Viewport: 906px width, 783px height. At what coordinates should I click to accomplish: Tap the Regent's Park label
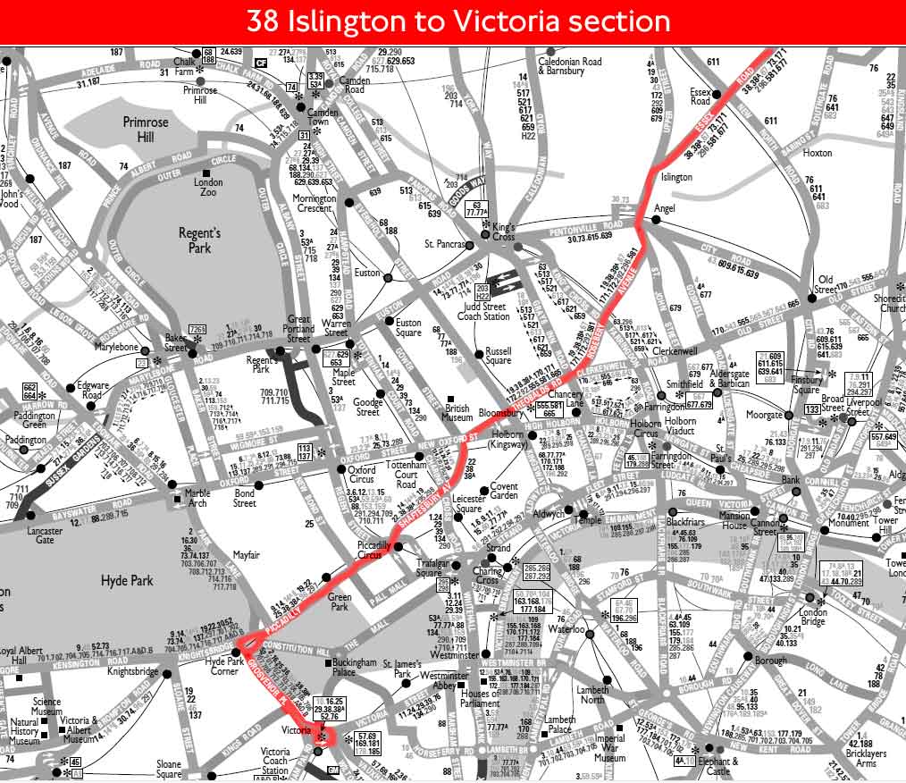point(199,240)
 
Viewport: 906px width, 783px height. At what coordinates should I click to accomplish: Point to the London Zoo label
point(208,188)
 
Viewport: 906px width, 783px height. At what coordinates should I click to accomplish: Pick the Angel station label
point(664,208)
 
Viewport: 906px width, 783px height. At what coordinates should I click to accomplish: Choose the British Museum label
point(457,412)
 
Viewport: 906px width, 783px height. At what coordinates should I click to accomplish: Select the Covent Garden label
point(504,491)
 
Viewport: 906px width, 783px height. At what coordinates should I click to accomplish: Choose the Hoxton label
point(817,153)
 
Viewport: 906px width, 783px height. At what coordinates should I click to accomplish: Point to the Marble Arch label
point(197,498)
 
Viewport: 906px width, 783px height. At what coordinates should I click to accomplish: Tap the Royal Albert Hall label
point(20,657)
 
